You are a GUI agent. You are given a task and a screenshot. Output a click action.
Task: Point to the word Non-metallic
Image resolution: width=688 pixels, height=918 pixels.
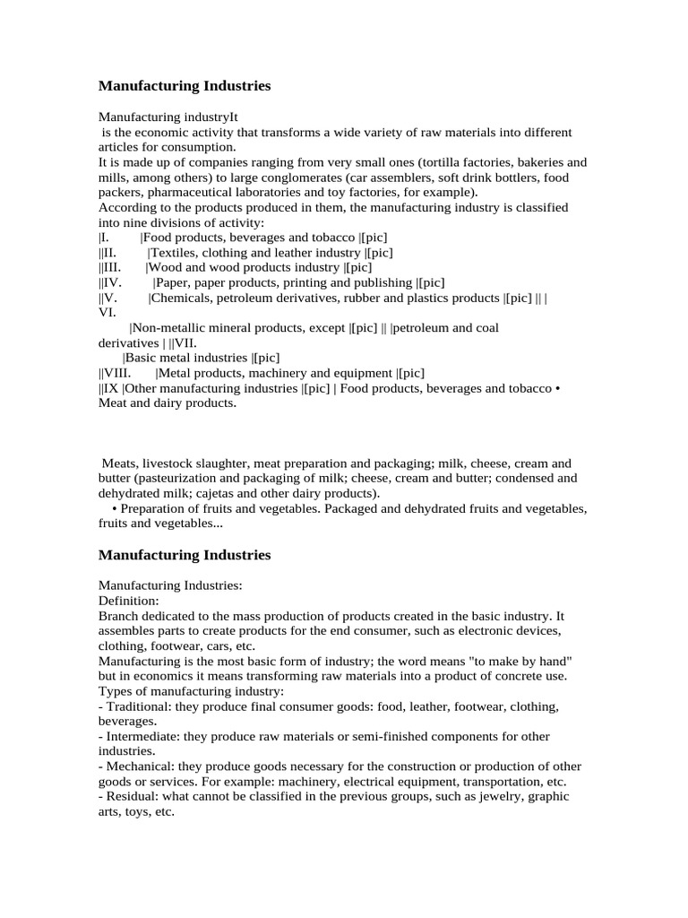click(x=167, y=328)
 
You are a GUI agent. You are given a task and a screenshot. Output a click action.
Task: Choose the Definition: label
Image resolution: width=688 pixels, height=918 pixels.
click(x=128, y=601)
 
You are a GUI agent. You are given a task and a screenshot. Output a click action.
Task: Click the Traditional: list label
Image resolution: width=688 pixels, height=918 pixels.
click(x=138, y=706)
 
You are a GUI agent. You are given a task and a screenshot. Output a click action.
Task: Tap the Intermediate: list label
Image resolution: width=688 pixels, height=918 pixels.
click(x=142, y=736)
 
